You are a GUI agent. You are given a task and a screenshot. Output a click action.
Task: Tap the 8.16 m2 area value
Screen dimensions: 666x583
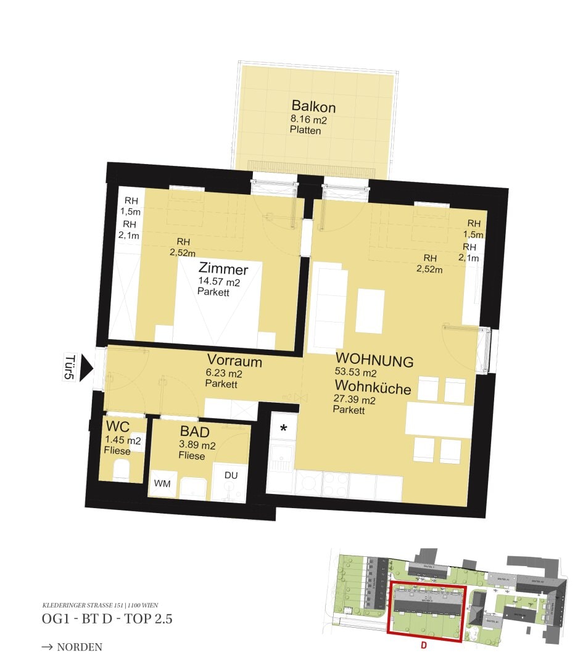coord(308,120)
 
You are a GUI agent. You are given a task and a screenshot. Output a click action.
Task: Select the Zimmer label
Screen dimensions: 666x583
coord(223,269)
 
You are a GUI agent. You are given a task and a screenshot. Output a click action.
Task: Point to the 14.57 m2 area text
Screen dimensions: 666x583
coord(218,282)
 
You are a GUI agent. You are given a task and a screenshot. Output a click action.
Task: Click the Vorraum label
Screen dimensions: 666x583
coord(234,361)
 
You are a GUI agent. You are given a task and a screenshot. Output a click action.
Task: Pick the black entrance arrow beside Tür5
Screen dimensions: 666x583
coord(86,369)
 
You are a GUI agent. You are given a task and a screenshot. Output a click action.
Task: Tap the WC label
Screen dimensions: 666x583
coord(117,427)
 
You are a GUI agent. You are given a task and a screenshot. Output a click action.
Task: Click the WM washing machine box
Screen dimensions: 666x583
coord(162,484)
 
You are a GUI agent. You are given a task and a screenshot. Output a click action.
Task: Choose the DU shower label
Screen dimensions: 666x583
coord(231,475)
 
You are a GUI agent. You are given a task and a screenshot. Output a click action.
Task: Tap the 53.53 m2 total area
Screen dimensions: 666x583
coord(356,373)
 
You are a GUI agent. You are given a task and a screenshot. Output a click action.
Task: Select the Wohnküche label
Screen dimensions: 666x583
coord(373,387)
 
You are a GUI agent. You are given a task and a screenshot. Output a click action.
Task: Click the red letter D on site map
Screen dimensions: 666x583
coord(423,646)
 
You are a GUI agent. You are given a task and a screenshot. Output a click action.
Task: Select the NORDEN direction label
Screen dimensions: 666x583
coord(79,647)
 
